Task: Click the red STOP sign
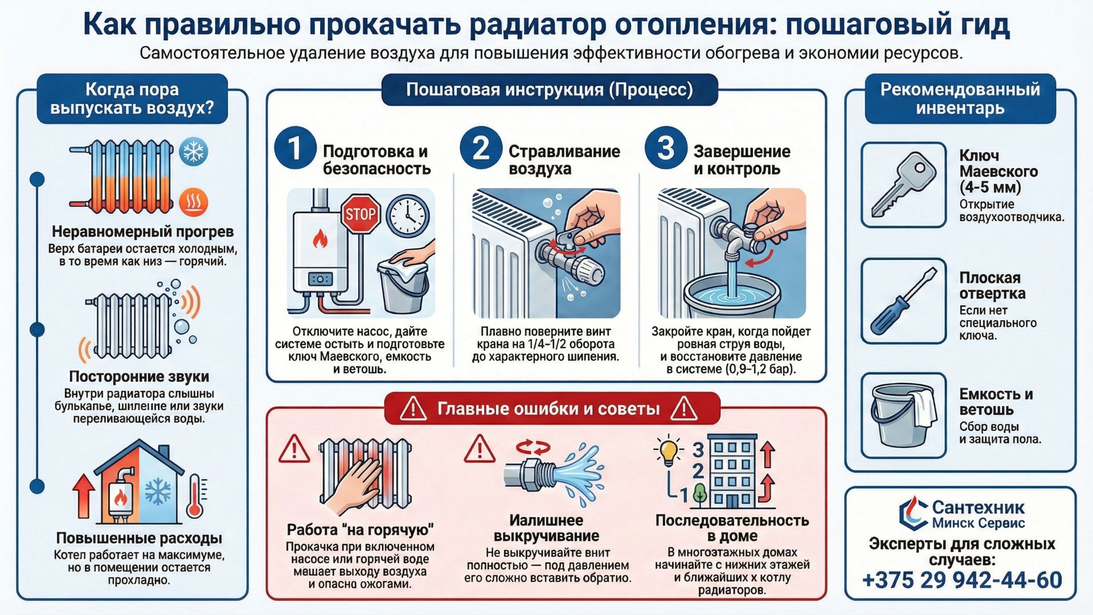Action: click(361, 214)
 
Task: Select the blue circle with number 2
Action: click(480, 148)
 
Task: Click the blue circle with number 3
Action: click(665, 148)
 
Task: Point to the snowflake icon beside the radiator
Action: click(193, 152)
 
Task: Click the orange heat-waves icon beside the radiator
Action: click(193, 202)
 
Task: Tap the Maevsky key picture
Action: click(903, 185)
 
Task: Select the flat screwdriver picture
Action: click(903, 301)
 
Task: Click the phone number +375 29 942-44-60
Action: click(962, 580)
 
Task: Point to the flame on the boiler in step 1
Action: click(320, 239)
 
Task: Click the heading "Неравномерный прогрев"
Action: click(142, 231)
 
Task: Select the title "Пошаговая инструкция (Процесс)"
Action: click(549, 90)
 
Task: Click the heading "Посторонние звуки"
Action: click(139, 376)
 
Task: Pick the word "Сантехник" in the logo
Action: click(978, 507)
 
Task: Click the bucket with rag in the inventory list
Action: click(903, 415)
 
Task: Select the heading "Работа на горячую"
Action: click(360, 530)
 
